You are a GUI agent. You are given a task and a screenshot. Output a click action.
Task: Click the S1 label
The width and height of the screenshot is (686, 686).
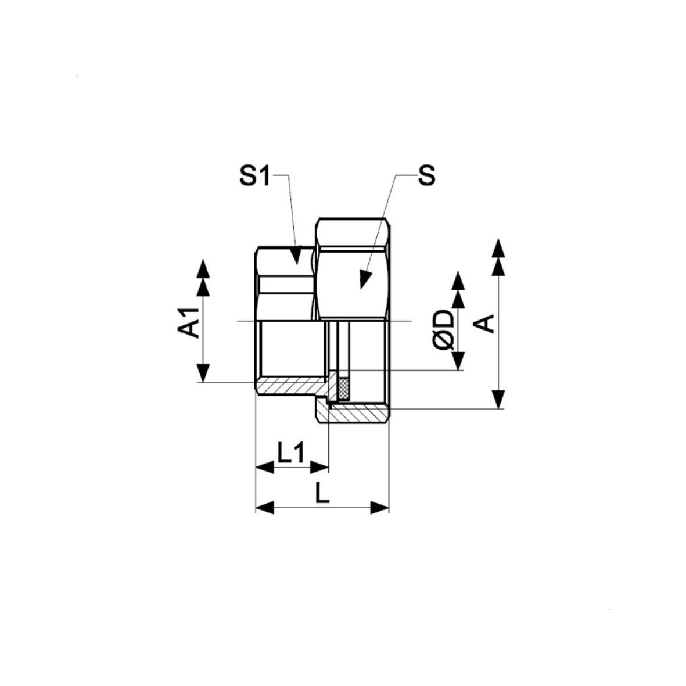click(254, 175)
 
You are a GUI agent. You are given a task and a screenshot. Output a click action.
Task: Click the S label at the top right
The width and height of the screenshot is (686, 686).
click(427, 175)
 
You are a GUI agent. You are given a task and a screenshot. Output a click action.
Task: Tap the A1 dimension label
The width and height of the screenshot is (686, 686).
click(189, 322)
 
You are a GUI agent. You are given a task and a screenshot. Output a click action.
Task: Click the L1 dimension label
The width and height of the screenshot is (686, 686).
click(291, 453)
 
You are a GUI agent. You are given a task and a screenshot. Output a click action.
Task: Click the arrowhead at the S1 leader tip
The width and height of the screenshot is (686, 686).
click(296, 255)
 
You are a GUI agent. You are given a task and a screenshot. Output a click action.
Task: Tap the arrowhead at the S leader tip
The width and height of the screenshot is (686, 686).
click(364, 279)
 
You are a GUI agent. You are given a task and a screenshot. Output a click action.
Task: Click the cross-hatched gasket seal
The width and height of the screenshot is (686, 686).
click(344, 389)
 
